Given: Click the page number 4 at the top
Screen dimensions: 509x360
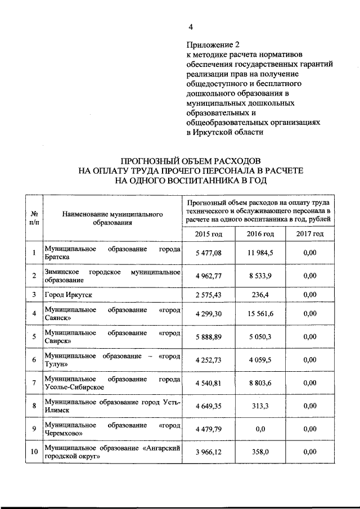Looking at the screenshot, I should pyautogui.click(x=191, y=26).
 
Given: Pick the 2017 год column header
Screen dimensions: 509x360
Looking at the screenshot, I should pyautogui.click(x=310, y=234).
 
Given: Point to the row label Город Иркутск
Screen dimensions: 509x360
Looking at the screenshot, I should pyautogui.click(x=67, y=294).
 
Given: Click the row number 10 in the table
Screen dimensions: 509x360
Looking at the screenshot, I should pyautogui.click(x=34, y=452).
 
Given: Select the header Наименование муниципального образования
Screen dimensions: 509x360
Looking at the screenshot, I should pyautogui.click(x=112, y=218).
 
